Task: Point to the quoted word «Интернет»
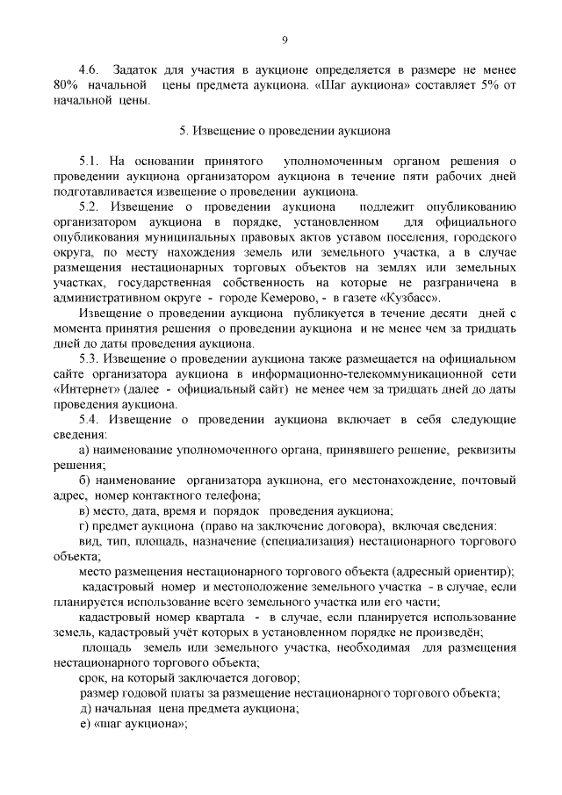coord(87,389)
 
